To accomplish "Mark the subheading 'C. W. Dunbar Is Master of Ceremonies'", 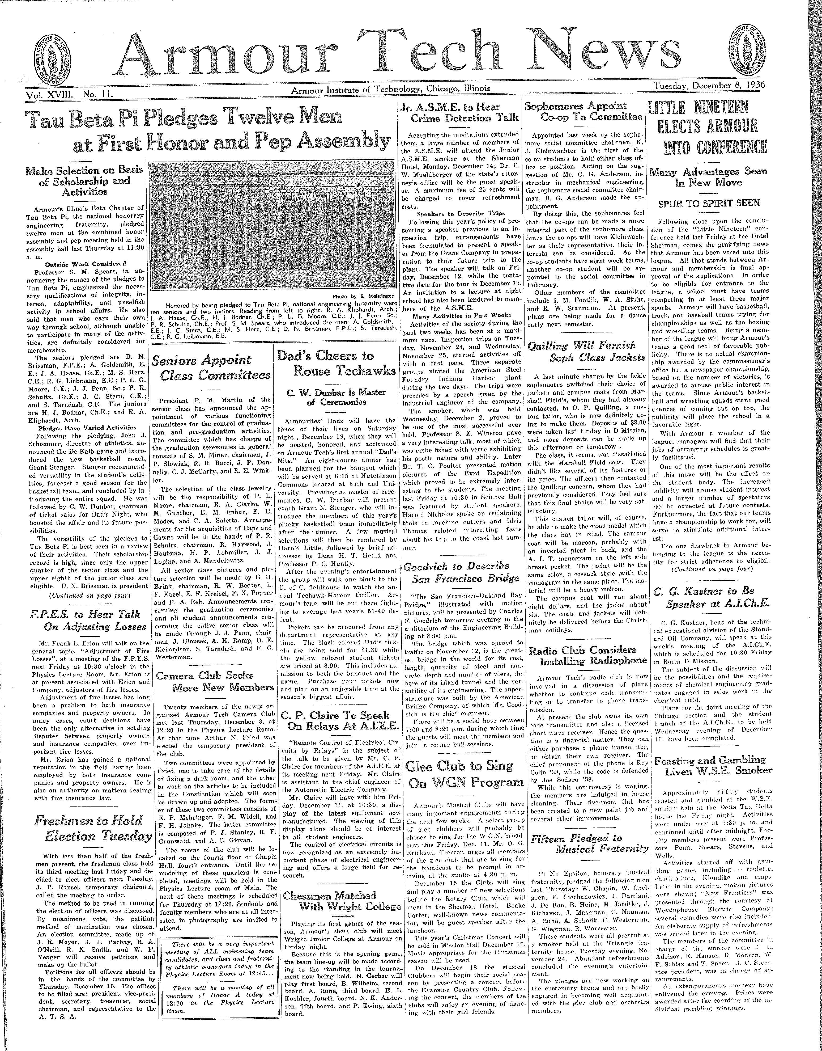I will [x=336, y=397].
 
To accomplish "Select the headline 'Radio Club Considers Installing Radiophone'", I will [x=588, y=655].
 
